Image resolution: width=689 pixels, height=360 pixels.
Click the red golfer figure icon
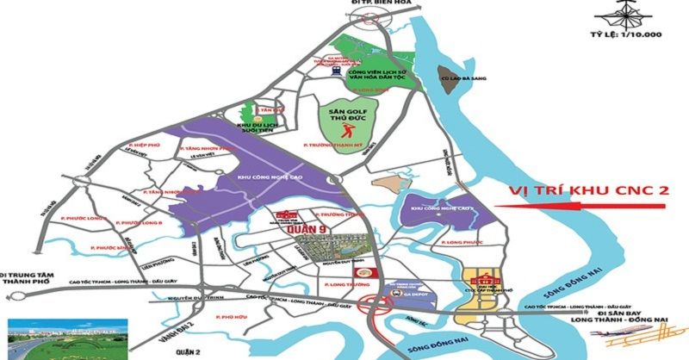pos(347,131)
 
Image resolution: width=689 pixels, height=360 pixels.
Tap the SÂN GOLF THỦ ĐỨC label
pos(347,114)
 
